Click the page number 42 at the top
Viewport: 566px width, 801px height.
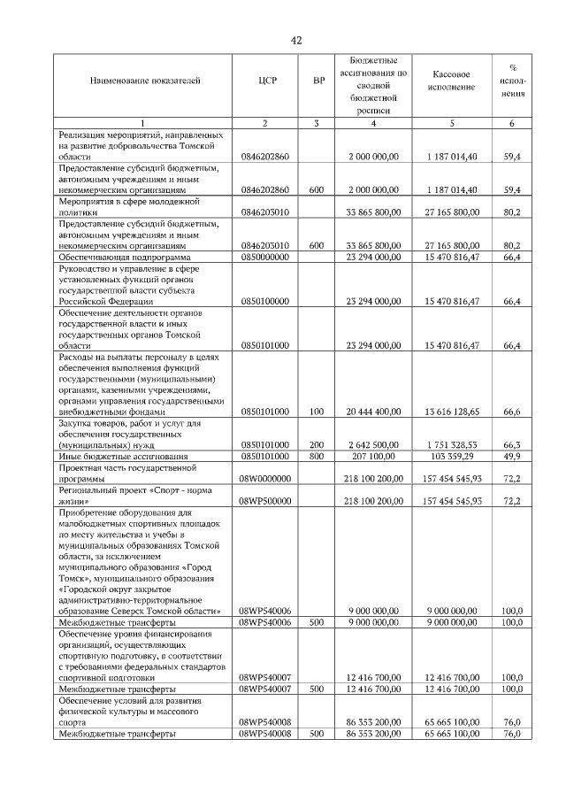pyautogui.click(x=296, y=40)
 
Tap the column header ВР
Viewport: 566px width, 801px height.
pyautogui.click(x=319, y=81)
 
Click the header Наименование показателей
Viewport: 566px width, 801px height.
pyautogui.click(x=145, y=81)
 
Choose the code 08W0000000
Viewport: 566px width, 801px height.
pyautogui.click(x=264, y=479)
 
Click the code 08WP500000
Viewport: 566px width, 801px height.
pyautogui.click(x=264, y=501)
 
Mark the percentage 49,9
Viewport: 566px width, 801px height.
pyautogui.click(x=511, y=456)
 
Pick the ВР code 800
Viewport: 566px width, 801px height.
pyautogui.click(x=317, y=456)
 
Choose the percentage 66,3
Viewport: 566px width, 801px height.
pyautogui.click(x=511, y=445)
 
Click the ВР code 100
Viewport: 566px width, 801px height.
pyautogui.click(x=317, y=412)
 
